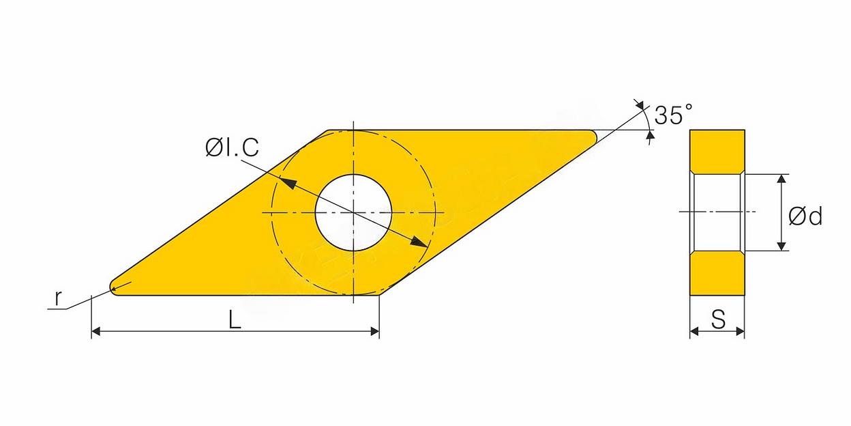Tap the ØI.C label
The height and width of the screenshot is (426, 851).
pyautogui.click(x=232, y=147)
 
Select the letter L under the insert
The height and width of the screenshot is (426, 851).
pyautogui.click(x=235, y=319)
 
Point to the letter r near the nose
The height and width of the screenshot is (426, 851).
pyautogui.click(x=57, y=298)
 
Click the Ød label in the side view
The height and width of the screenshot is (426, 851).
pyautogui.click(x=805, y=216)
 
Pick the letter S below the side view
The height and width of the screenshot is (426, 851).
pyautogui.click(x=718, y=319)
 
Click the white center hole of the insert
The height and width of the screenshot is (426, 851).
pyautogui.click(x=353, y=212)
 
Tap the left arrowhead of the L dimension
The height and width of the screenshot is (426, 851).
pyautogui.click(x=95, y=331)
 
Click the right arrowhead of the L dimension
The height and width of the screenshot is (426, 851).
pyautogui.click(x=375, y=331)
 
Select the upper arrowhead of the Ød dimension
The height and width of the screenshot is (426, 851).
pyautogui.click(x=781, y=179)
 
